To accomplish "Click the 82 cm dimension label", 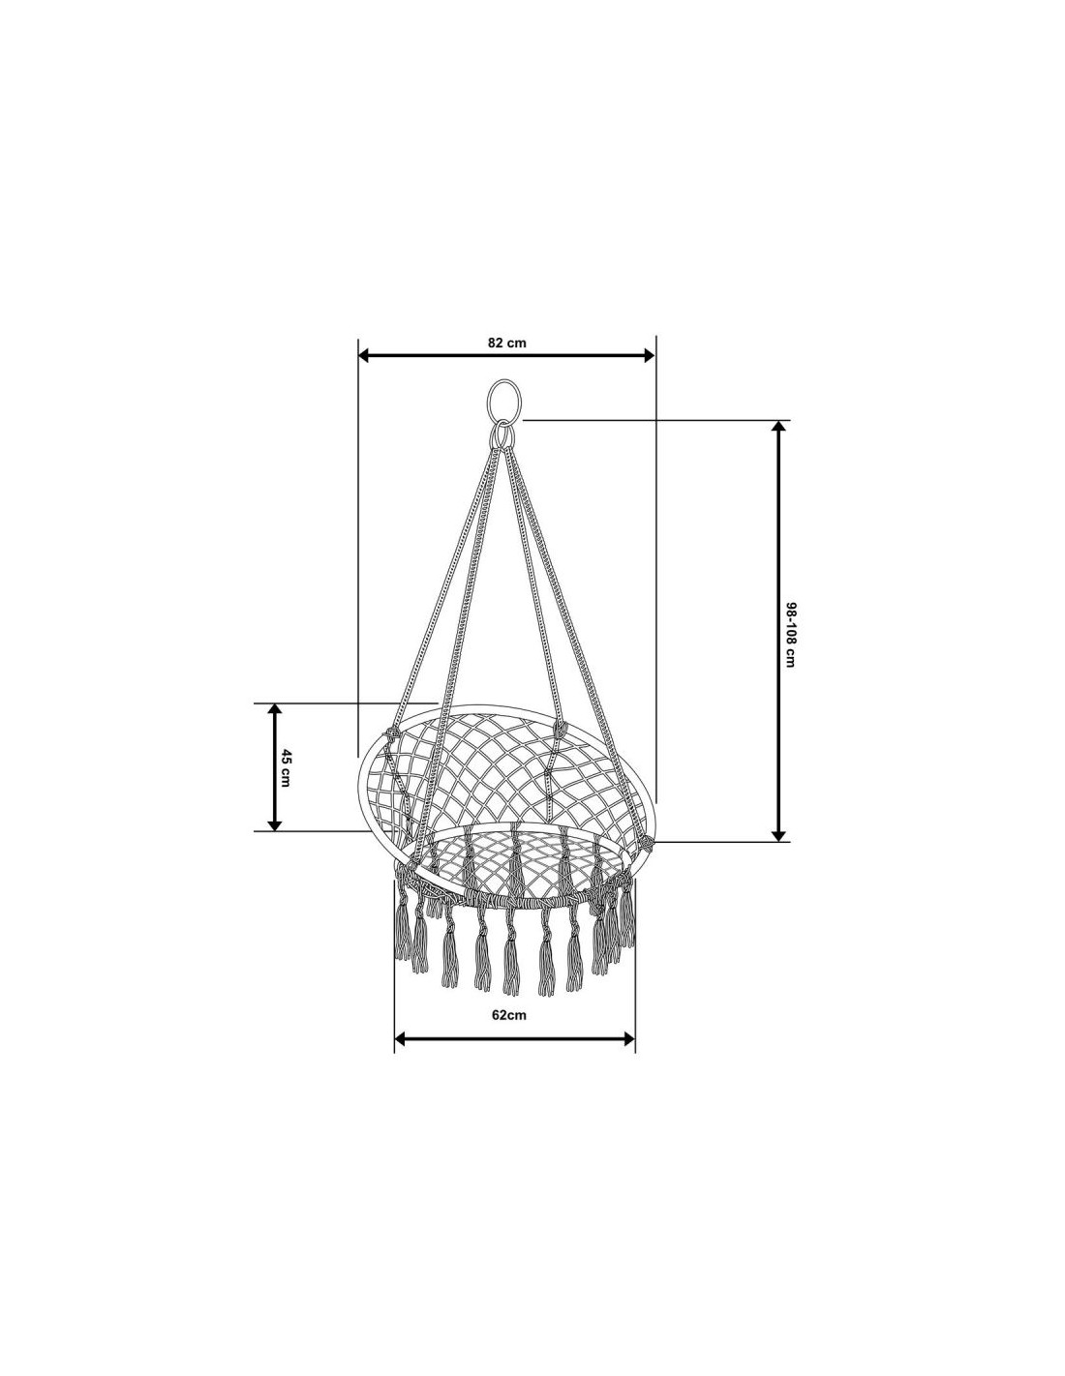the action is click(506, 343).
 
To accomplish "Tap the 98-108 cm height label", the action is click(789, 634).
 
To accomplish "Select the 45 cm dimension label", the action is click(286, 767).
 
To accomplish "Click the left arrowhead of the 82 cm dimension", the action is click(364, 355).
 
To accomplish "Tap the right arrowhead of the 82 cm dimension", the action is click(649, 355).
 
